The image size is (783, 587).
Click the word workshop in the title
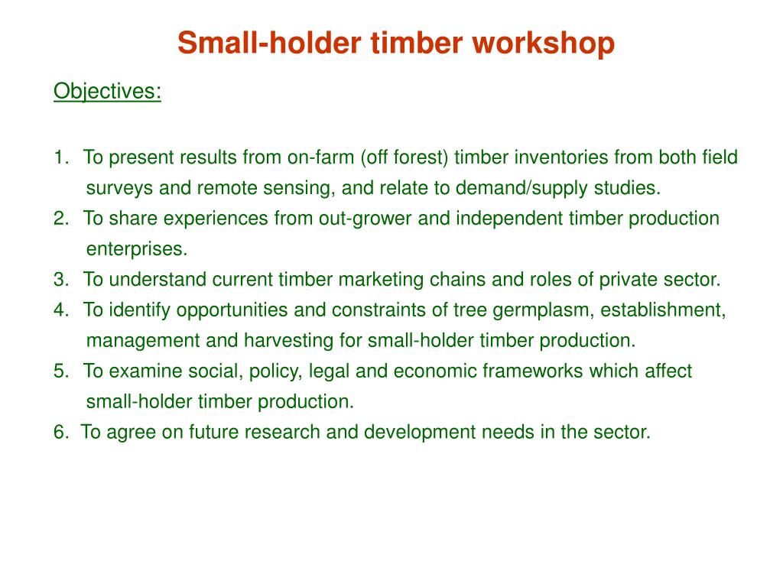[544, 44]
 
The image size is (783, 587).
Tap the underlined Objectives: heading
[107, 92]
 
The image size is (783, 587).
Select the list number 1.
[61, 157]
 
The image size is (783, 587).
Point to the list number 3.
[61, 280]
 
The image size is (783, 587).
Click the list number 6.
[61, 433]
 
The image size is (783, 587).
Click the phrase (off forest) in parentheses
[404, 157]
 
